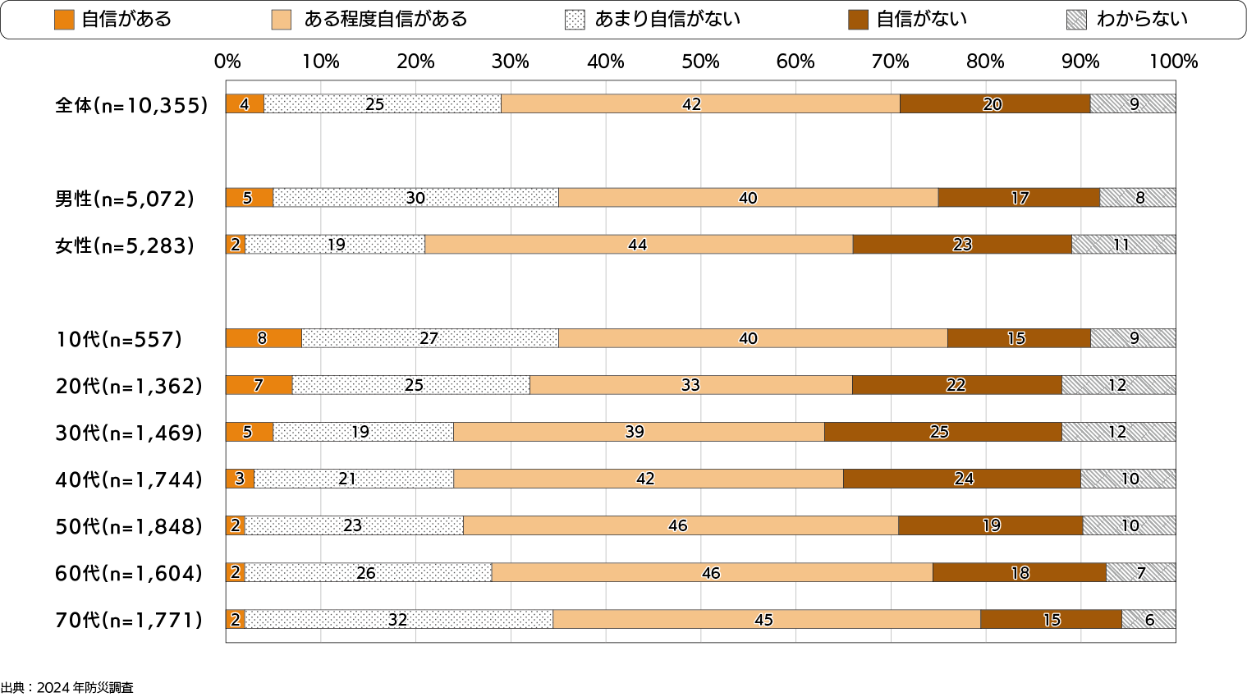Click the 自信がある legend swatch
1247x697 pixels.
click(64, 20)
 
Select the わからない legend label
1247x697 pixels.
click(1142, 20)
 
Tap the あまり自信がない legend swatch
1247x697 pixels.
click(575, 20)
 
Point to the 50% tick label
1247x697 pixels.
click(700, 62)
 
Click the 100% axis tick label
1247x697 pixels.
click(1173, 62)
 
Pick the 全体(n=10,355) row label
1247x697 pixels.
click(131, 105)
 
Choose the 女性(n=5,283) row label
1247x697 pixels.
click(125, 245)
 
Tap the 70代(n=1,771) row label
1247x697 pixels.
click(129, 620)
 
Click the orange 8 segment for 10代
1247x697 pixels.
click(264, 338)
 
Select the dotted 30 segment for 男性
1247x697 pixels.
click(415, 198)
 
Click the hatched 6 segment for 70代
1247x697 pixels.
click(1148, 620)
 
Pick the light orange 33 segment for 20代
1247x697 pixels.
click(690, 385)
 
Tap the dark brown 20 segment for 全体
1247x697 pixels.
click(994, 104)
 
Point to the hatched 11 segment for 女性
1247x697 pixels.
click(1123, 245)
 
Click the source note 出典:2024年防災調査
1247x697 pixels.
click(67, 688)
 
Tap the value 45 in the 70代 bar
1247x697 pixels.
click(763, 620)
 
